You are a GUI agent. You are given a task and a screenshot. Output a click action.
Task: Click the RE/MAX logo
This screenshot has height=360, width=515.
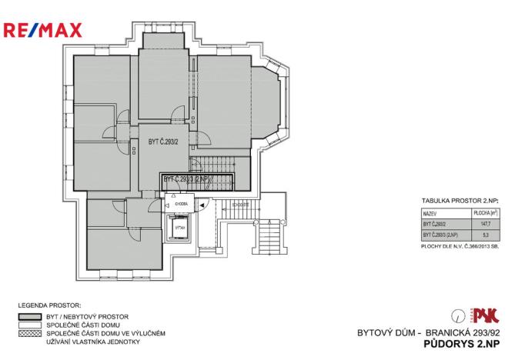[53, 32]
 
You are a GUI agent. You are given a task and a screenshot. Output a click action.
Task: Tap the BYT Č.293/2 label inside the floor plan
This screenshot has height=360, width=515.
[163, 142]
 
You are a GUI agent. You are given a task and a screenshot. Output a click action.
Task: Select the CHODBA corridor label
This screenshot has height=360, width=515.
[180, 205]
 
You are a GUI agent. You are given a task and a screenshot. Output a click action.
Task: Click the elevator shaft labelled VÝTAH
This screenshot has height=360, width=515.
[179, 228]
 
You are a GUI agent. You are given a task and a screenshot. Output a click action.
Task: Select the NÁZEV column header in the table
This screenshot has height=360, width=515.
[429, 209]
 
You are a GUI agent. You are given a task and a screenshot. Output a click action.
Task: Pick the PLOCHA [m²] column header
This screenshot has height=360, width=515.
[485, 209]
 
